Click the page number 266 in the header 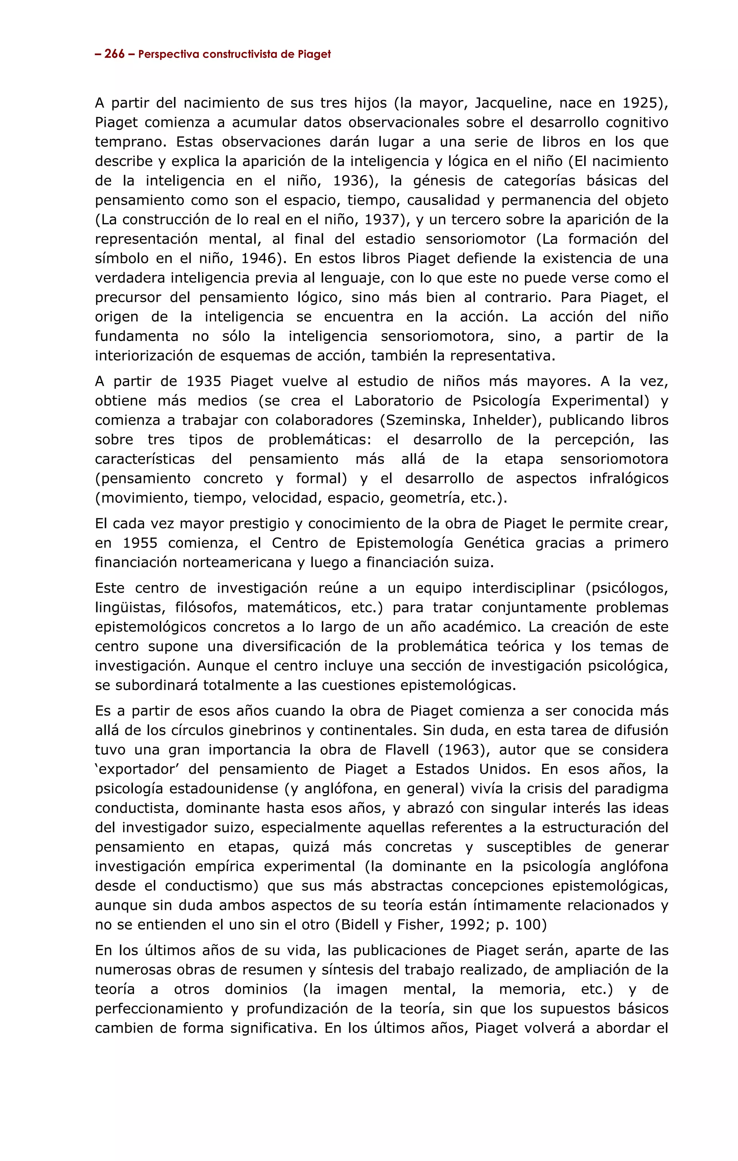[114, 54]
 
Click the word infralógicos [628, 479]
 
